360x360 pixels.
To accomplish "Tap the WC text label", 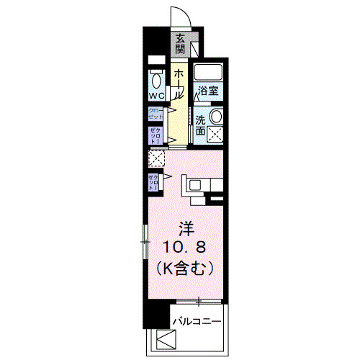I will click(x=156, y=96).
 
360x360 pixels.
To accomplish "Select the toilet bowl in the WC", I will click(x=156, y=80).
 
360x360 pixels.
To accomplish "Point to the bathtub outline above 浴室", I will click(x=209, y=73).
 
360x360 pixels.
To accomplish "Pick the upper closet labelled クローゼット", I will click(x=156, y=114).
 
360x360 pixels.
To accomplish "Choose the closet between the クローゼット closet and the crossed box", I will click(x=156, y=135).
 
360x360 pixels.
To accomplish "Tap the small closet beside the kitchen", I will click(x=154, y=182).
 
